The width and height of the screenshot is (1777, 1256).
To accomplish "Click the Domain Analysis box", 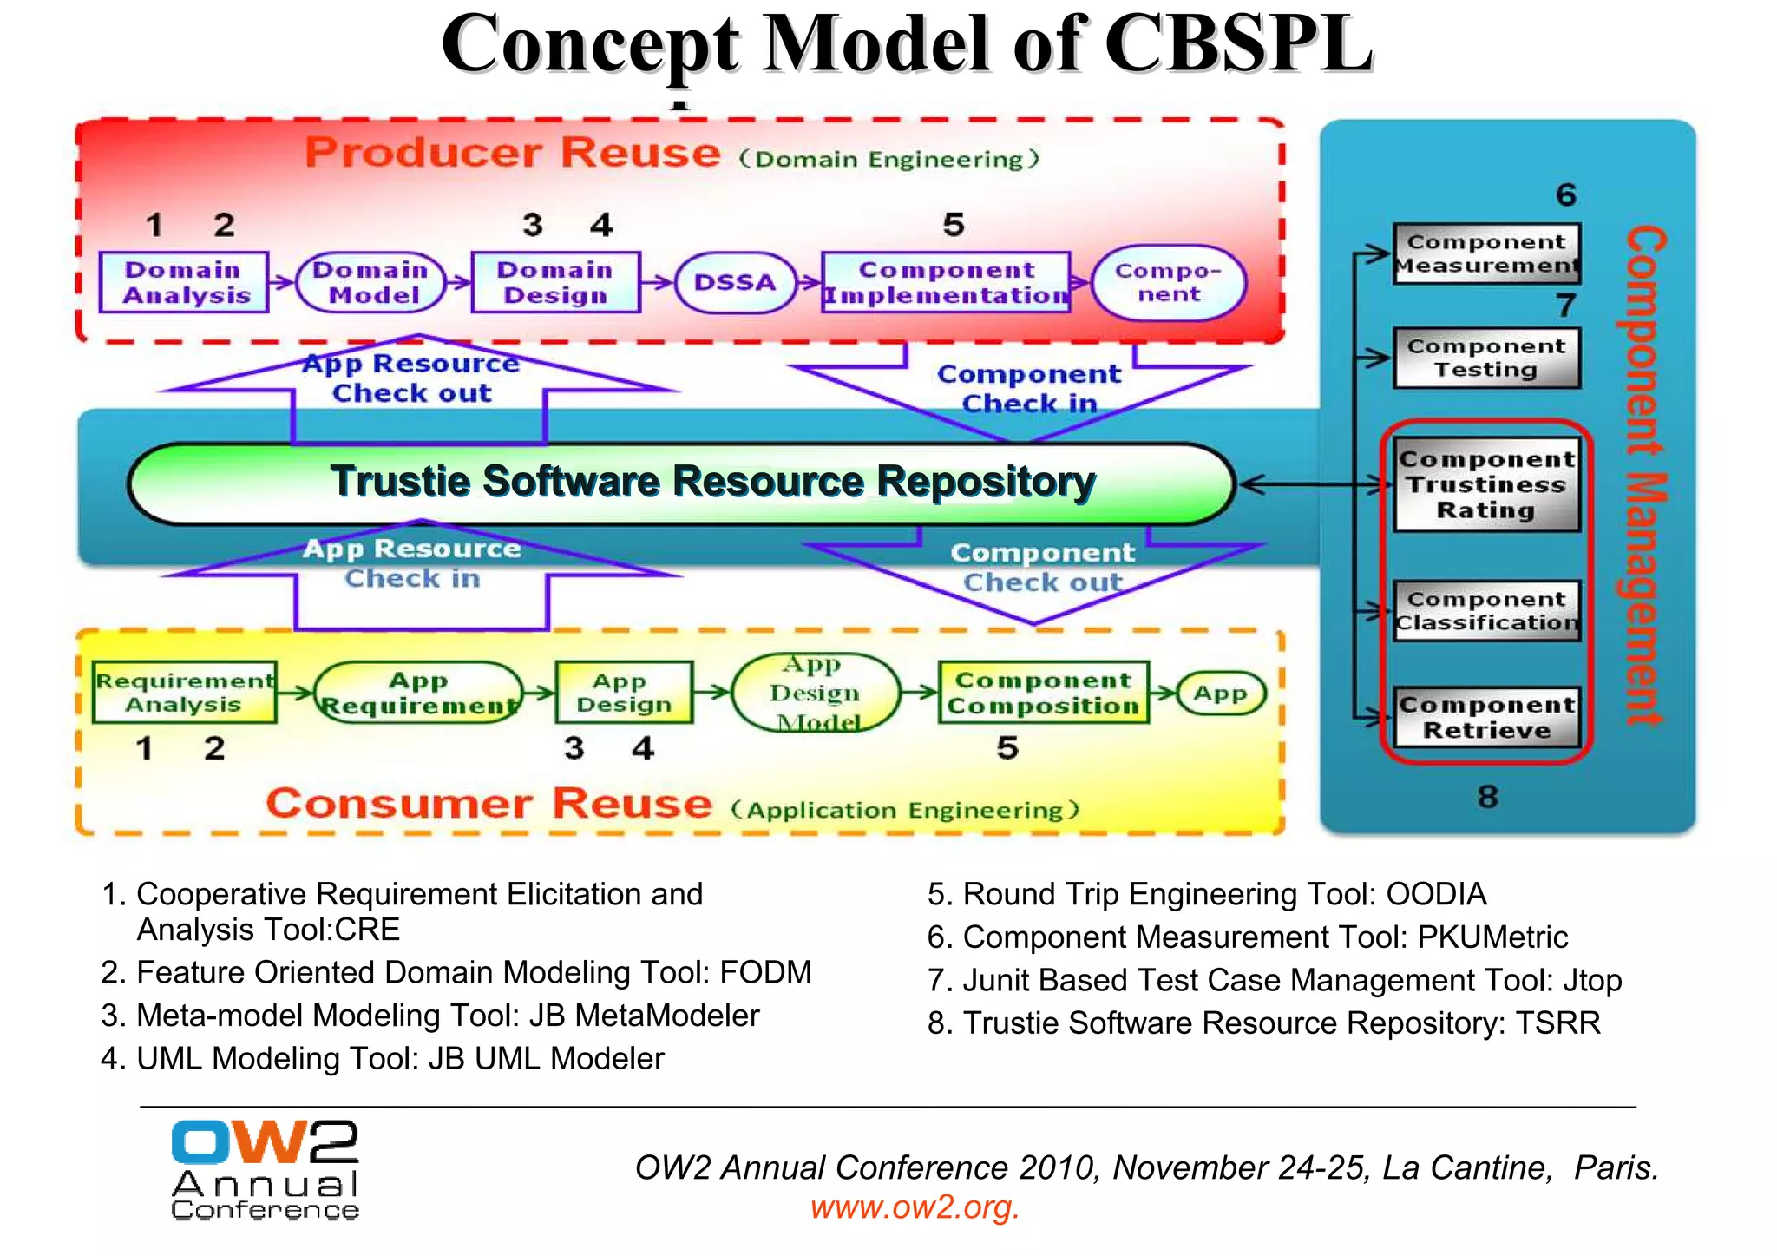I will pyautogui.click(x=183, y=282).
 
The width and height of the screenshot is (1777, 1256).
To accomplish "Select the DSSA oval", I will pyautogui.click(x=734, y=282).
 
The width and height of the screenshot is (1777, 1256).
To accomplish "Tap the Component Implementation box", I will pyautogui.click(x=946, y=282).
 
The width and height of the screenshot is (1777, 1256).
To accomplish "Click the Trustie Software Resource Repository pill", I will pyautogui.click(x=681, y=483).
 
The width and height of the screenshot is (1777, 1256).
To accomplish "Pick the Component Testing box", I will pyautogui.click(x=1486, y=358).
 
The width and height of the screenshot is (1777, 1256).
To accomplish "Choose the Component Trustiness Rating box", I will pyautogui.click(x=1486, y=484).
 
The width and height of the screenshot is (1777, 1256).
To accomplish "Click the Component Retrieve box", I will pyautogui.click(x=1486, y=717).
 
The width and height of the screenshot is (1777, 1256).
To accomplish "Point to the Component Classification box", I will pyautogui.click(x=1486, y=610).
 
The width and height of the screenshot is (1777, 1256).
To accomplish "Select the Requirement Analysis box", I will pyautogui.click(x=184, y=692).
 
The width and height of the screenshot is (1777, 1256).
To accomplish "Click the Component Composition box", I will pyautogui.click(x=1043, y=692).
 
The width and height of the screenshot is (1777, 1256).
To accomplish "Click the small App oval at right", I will pyautogui.click(x=1220, y=693).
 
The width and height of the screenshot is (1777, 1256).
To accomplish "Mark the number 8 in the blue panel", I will pyautogui.click(x=1487, y=796).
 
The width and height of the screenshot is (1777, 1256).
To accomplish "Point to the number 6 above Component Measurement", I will pyautogui.click(x=1565, y=194).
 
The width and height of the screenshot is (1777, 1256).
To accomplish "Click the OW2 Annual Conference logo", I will pyautogui.click(x=265, y=1169).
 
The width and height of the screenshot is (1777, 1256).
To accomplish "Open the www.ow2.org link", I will pyautogui.click(x=915, y=1207).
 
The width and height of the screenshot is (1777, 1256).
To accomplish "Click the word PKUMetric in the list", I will pyautogui.click(x=1492, y=937).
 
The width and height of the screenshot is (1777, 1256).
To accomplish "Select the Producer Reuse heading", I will pyautogui.click(x=513, y=153).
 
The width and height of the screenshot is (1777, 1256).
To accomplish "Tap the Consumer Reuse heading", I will pyautogui.click(x=489, y=803).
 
